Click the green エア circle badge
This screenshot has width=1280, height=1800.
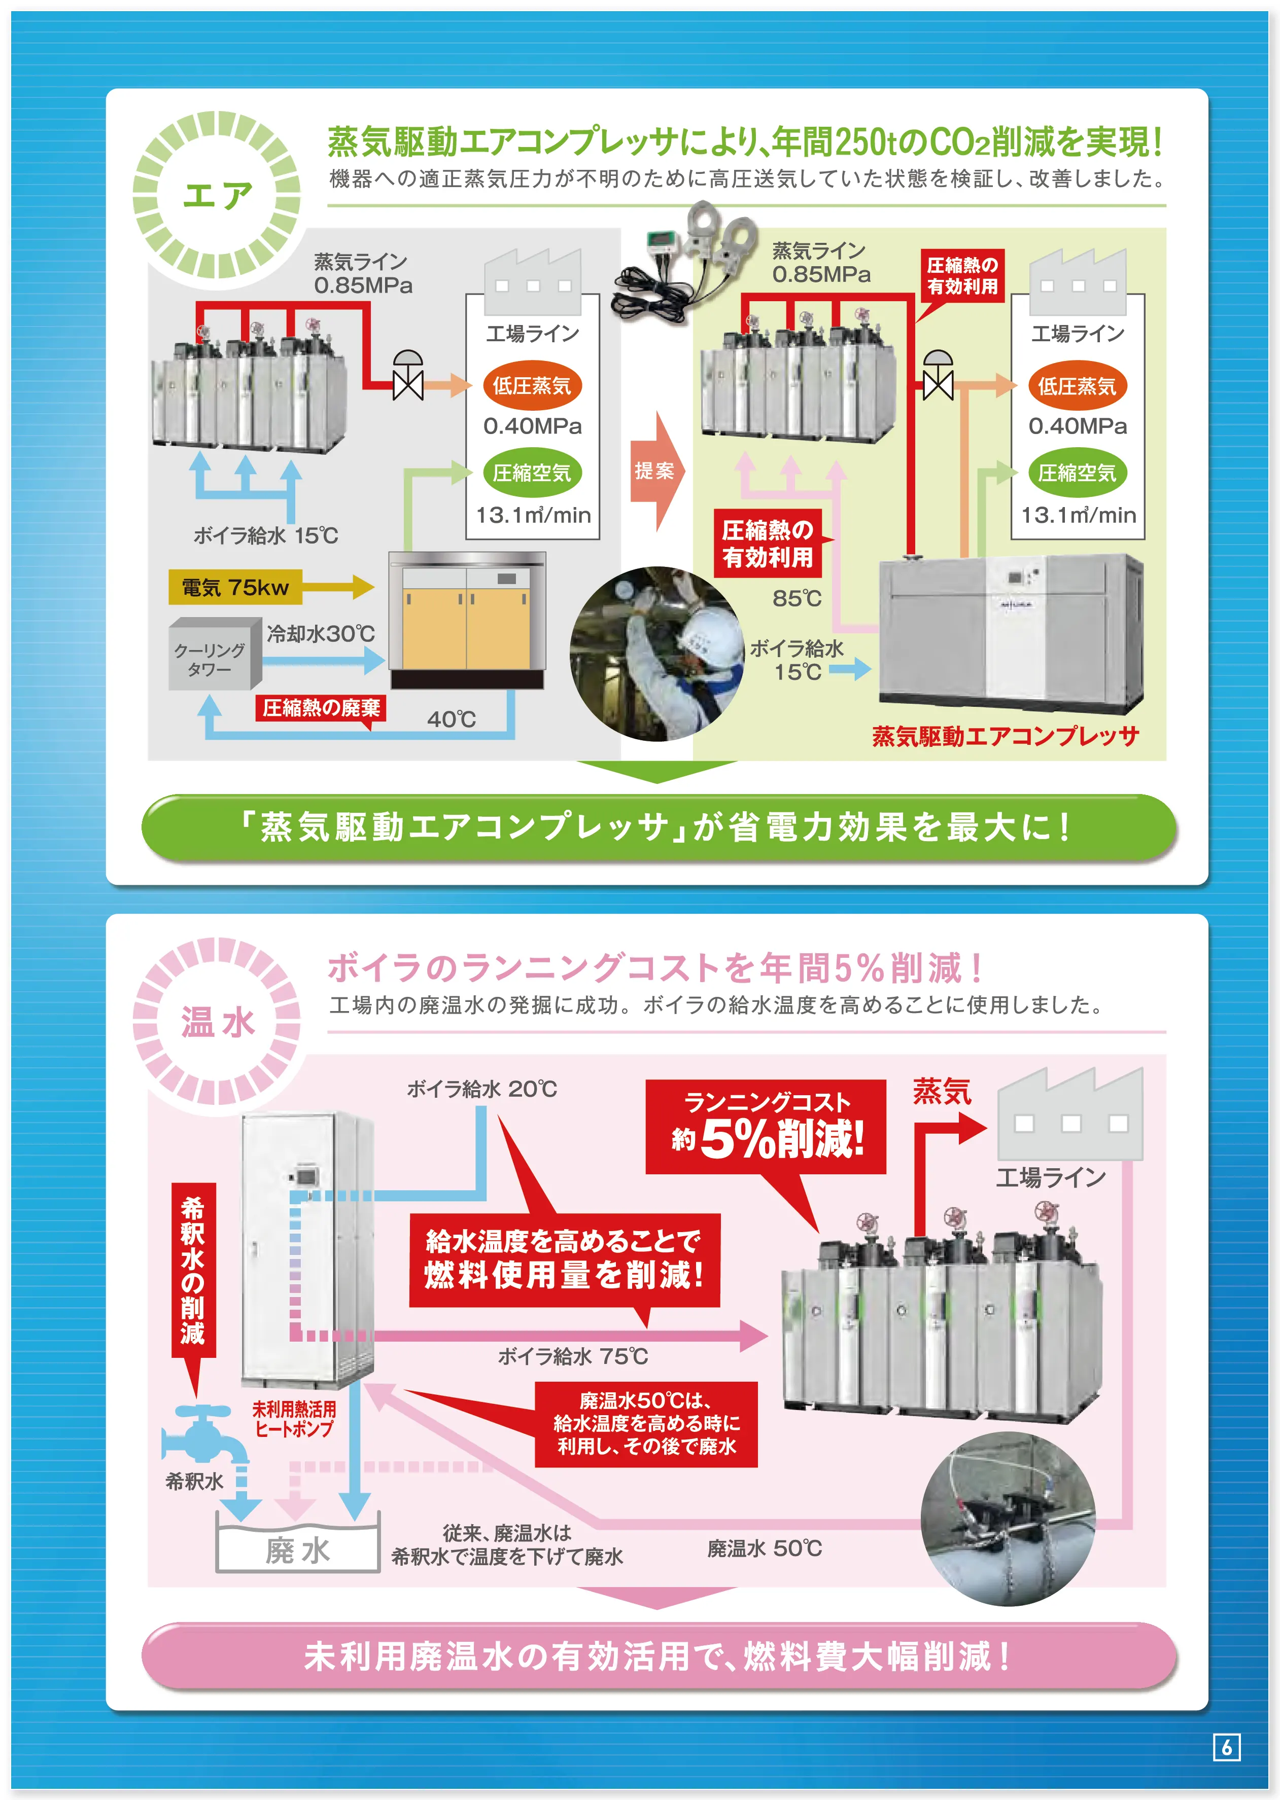[x=217, y=195]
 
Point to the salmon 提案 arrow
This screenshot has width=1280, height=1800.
[x=656, y=471]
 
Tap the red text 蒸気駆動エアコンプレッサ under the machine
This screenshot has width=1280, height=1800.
[x=1005, y=736]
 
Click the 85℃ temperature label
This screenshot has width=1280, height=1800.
[x=797, y=599]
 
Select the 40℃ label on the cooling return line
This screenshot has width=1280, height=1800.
[x=452, y=719]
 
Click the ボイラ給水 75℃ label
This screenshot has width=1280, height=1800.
[x=572, y=1356]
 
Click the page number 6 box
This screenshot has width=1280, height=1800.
[x=1226, y=1747]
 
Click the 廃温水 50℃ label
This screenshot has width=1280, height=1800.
[x=765, y=1548]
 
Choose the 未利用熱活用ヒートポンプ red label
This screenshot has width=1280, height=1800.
[x=294, y=1419]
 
